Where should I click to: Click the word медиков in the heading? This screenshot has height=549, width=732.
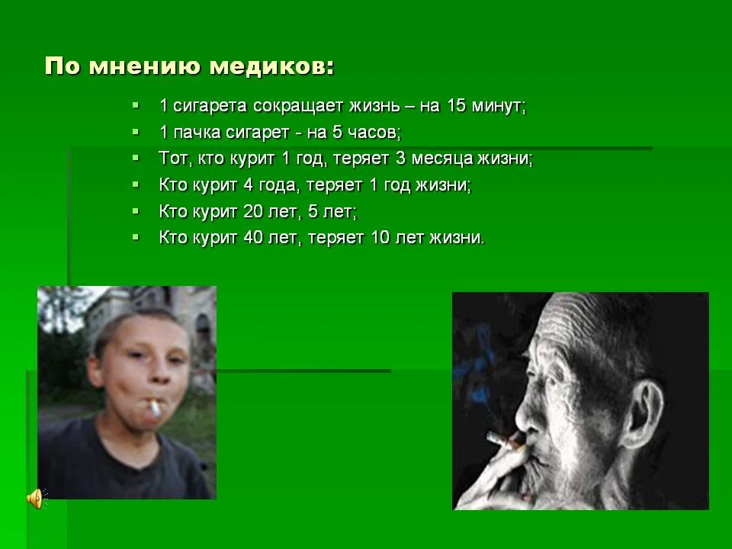click(x=271, y=66)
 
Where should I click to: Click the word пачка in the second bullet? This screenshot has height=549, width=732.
click(x=196, y=132)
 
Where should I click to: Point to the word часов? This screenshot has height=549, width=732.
click(x=374, y=132)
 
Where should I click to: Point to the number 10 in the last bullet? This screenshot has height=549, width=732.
click(x=379, y=237)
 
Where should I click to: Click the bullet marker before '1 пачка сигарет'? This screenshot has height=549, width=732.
click(x=136, y=131)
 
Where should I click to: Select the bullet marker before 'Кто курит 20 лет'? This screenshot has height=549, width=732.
click(x=136, y=210)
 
